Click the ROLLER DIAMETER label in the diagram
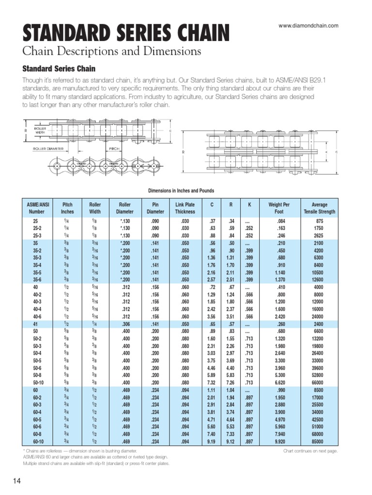point(47,149)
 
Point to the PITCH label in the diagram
point(114,149)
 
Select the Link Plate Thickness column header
point(185,208)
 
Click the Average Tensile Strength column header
point(319,208)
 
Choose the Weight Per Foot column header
point(279,208)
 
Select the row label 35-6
point(36,279)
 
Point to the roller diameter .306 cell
point(124,323)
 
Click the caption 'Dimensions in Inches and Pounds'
point(181,191)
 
